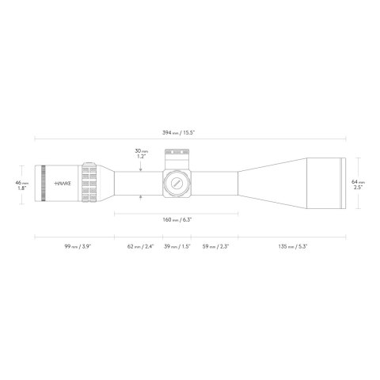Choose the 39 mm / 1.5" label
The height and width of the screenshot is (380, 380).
178,246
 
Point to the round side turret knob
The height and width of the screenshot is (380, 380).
176,182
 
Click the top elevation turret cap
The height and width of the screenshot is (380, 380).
176,154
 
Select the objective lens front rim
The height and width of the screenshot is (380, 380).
341,182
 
